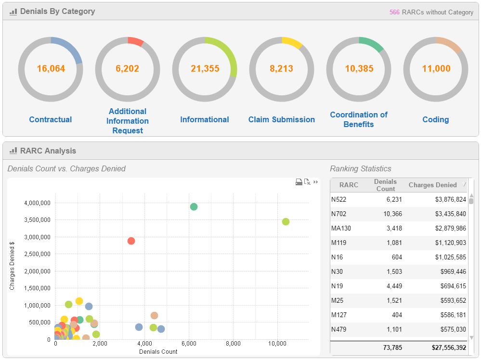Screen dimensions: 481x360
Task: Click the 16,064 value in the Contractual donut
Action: (51, 68)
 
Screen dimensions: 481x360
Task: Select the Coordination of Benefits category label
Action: (359, 119)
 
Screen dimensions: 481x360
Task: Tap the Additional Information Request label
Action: (128, 121)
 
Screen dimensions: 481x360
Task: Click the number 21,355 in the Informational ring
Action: (205, 68)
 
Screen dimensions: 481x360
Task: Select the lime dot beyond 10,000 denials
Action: (286, 221)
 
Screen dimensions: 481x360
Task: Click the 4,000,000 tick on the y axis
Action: (37, 203)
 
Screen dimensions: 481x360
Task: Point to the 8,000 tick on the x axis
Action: (233, 344)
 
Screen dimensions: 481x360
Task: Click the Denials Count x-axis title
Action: (158, 351)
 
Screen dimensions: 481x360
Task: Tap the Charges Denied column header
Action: (432, 185)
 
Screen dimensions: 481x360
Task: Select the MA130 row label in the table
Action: (341, 228)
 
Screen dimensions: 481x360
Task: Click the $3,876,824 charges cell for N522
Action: (450, 199)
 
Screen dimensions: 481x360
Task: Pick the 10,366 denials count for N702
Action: (392, 214)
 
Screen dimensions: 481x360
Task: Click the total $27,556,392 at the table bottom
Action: (449, 347)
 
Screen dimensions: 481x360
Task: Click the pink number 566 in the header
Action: (394, 12)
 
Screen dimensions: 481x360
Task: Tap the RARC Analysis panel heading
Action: (48, 151)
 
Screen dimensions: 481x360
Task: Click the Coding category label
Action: (436, 119)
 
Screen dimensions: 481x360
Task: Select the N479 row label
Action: (338, 329)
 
